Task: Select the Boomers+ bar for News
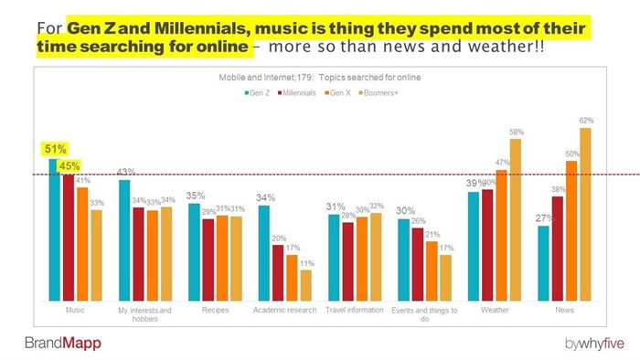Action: (585, 214)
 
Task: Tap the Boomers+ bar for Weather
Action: (516, 219)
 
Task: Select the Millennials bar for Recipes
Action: (208, 259)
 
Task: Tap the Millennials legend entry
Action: (296, 93)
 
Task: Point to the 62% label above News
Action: (585, 120)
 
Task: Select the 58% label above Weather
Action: (516, 132)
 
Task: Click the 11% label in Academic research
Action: (306, 262)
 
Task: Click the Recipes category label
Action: (215, 310)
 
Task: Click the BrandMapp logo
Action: (63, 343)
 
